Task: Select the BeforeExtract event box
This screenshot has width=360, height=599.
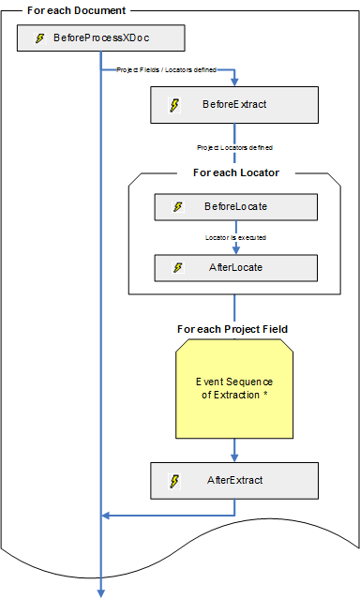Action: pos(233,104)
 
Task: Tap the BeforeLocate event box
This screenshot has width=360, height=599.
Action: pos(233,206)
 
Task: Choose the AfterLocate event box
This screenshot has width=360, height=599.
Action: pos(233,267)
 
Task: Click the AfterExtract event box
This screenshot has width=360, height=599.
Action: pos(233,480)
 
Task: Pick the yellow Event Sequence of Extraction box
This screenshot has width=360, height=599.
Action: pos(233,389)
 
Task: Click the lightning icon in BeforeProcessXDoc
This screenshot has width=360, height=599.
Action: pos(39,38)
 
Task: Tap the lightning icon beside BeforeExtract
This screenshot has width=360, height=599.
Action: pos(174,104)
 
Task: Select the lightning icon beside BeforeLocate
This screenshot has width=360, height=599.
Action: pos(178,206)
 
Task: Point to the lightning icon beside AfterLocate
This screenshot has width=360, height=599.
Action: pos(178,267)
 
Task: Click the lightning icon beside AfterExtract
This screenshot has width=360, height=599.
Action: pos(174,480)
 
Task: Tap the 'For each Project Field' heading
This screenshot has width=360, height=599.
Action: pos(232,329)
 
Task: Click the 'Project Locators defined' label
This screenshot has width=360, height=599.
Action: pos(233,147)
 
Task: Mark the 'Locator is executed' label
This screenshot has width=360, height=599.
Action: pos(235,237)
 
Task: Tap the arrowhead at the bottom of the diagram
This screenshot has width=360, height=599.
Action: pos(101,591)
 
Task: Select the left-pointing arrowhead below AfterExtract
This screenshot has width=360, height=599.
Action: pos(108,515)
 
